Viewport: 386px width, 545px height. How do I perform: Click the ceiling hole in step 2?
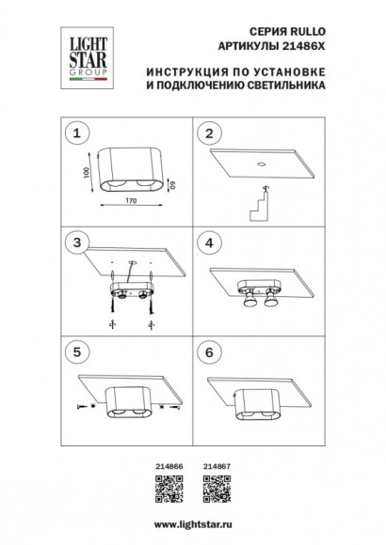tap(261, 163)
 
